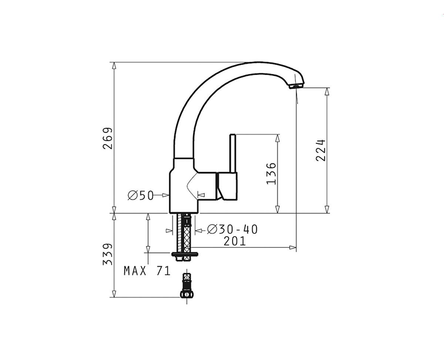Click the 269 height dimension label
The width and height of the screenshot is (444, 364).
(x=108, y=138)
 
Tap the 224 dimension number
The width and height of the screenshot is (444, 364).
(x=321, y=150)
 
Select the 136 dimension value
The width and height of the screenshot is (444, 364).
(x=271, y=173)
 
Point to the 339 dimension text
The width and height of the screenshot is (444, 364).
(x=108, y=254)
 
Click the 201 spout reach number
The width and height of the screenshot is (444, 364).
(x=235, y=241)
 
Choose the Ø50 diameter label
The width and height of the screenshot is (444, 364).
(x=140, y=195)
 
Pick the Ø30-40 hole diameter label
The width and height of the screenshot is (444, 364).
(x=232, y=229)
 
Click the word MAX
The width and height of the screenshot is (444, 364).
(x=135, y=271)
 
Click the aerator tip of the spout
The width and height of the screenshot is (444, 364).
(x=296, y=86)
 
